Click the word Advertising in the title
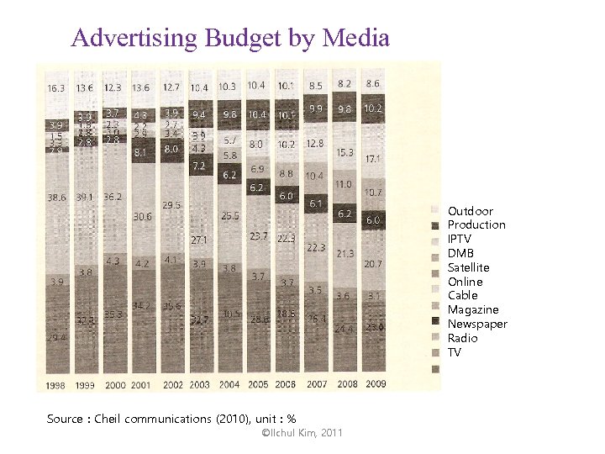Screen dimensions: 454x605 pos(123,38)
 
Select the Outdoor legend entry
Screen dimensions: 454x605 pos(470,211)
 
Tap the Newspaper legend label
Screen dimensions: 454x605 pos(476,324)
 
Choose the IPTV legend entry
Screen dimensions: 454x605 pos(460,239)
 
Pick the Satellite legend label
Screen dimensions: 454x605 pos(468,267)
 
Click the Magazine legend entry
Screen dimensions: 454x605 pos(473,309)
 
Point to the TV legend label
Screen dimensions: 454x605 pos(454,352)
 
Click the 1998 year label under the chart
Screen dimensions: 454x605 pos(55,384)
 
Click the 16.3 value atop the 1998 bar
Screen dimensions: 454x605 pos(55,88)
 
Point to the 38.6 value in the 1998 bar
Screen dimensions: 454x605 pos(55,197)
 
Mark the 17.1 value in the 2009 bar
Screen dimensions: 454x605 pos(373,159)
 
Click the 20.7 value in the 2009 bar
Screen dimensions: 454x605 pos(373,264)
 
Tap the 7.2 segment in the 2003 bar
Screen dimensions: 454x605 pos(199,166)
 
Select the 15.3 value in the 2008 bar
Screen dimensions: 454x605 pos(344,152)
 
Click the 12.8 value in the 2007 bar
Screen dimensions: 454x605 pos(315,144)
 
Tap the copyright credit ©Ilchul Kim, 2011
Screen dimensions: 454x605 pos(302,432)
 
